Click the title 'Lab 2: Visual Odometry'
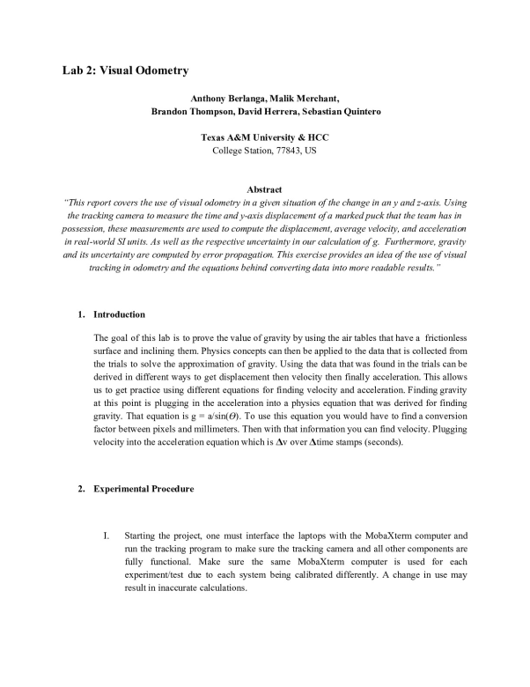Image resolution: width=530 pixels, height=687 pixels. [x=125, y=69]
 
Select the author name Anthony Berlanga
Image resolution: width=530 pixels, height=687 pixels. [x=227, y=99]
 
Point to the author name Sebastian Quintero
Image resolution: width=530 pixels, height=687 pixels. [x=337, y=112]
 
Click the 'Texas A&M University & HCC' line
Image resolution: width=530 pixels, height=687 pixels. [x=265, y=138]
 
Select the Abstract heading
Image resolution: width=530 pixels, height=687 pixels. [x=264, y=189]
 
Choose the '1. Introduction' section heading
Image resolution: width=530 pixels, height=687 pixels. [x=112, y=314]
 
